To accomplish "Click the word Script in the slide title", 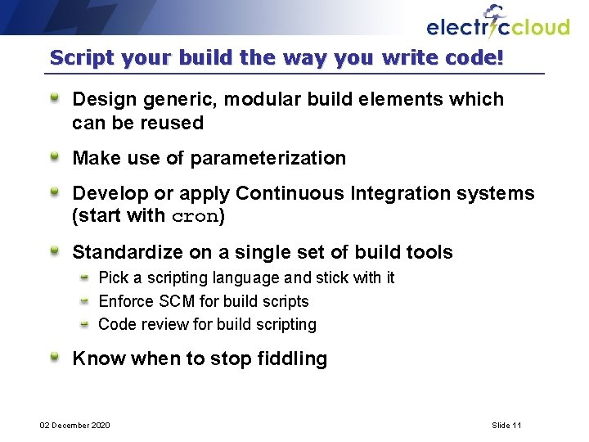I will pyautogui.click(x=78, y=58).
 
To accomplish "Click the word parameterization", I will pyautogui.click(x=268, y=158).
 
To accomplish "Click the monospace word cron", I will pyautogui.click(x=195, y=217).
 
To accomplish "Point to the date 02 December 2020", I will pyautogui.click(x=76, y=425).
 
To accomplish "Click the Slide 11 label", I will pyautogui.click(x=506, y=425).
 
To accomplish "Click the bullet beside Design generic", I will pyautogui.click(x=55, y=99).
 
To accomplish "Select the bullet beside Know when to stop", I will pyautogui.click(x=55, y=358).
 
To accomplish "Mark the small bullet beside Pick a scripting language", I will pyautogui.click(x=84, y=277).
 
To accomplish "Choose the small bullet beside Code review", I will pyautogui.click(x=84, y=324).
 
